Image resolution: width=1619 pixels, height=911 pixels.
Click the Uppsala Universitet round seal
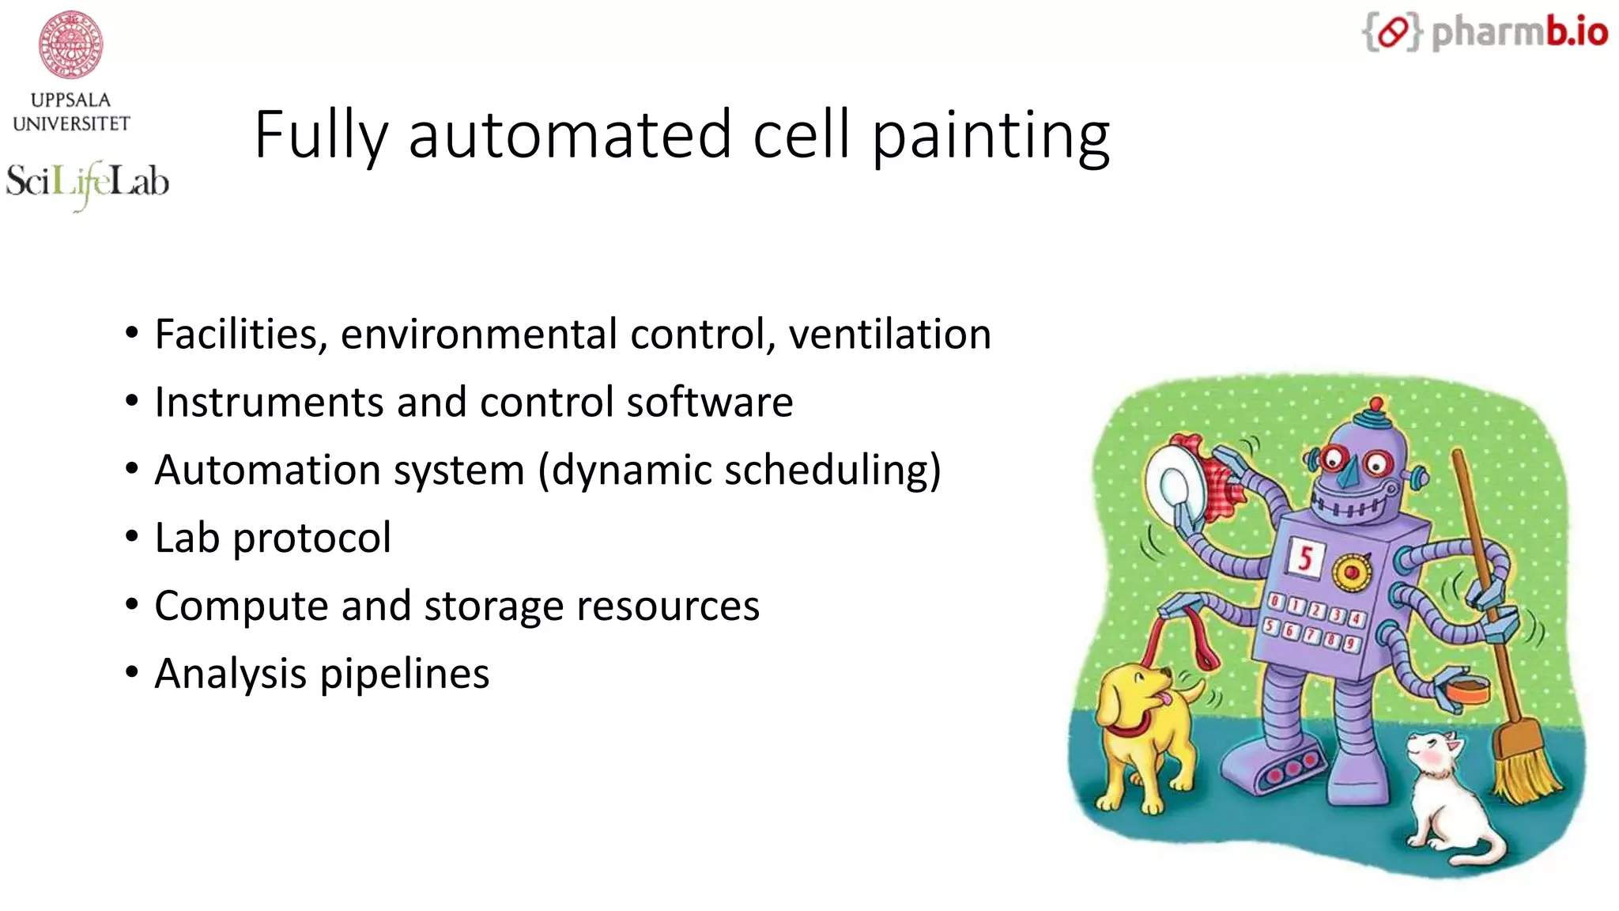(71, 44)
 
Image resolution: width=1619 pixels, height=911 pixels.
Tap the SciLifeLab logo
(87, 183)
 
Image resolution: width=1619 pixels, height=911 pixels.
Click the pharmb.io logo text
(1519, 32)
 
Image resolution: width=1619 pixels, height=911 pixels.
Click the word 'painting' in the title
(991, 135)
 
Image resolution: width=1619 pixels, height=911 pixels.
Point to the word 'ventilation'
(889, 334)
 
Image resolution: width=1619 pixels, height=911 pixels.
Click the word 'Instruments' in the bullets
(270, 402)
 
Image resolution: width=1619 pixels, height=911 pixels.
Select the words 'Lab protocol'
(273, 538)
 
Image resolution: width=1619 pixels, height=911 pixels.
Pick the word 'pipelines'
(404, 674)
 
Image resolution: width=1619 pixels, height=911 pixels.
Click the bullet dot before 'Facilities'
(132, 334)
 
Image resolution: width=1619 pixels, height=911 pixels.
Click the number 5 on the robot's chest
(1305, 558)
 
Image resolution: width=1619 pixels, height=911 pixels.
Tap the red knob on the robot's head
(1376, 404)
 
